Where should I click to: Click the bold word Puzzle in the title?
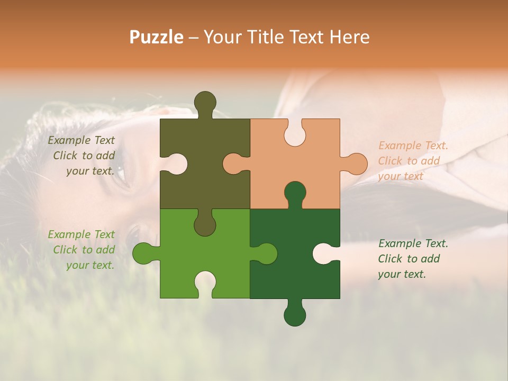click(157, 37)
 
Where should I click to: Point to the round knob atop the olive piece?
click(205, 102)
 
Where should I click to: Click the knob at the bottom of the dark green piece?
click(295, 315)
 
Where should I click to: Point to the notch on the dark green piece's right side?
click(323, 253)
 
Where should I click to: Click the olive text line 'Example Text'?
click(81, 140)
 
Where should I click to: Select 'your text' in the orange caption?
click(401, 176)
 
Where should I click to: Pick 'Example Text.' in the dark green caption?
click(413, 243)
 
